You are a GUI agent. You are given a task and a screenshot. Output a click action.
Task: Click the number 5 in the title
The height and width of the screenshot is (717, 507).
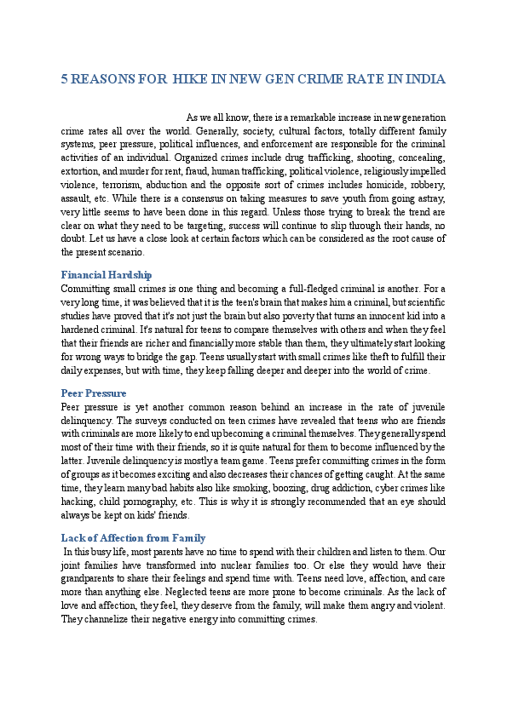pyautogui.click(x=65, y=79)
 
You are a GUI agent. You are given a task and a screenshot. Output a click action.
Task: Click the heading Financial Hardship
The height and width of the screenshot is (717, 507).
pyautogui.click(x=107, y=275)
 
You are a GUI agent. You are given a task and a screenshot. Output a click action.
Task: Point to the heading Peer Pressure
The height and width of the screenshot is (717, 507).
pyautogui.click(x=94, y=393)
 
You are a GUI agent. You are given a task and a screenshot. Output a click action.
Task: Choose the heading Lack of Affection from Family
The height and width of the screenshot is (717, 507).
pyautogui.click(x=133, y=537)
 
